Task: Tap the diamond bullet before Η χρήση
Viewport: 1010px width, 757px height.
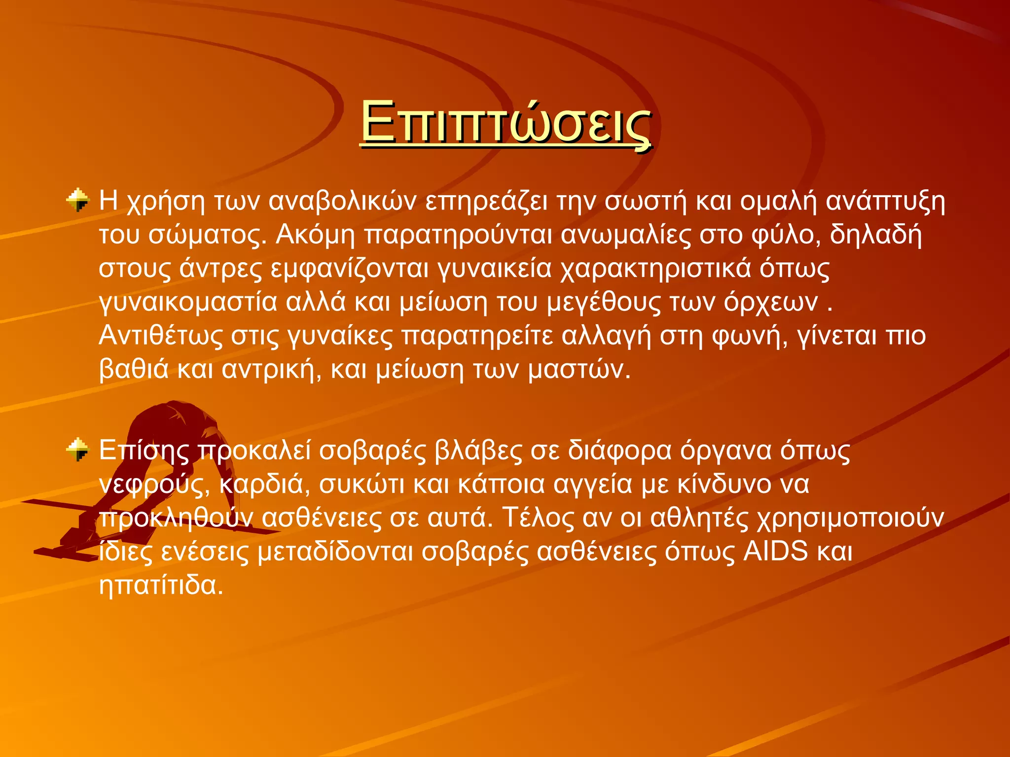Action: pyautogui.click(x=78, y=200)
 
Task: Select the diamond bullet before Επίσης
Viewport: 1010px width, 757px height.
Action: pyautogui.click(x=78, y=449)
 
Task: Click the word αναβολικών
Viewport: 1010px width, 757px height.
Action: pyautogui.click(x=343, y=202)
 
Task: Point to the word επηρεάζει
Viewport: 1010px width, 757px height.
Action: pyautogui.click(x=486, y=202)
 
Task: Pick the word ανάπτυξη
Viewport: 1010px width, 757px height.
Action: pyautogui.click(x=886, y=202)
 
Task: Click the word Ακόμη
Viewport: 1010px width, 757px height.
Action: pyautogui.click(x=315, y=235)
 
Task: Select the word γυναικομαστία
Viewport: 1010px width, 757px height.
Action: pyautogui.click(x=188, y=302)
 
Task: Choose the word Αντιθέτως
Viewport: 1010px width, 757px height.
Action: pyautogui.click(x=161, y=336)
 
